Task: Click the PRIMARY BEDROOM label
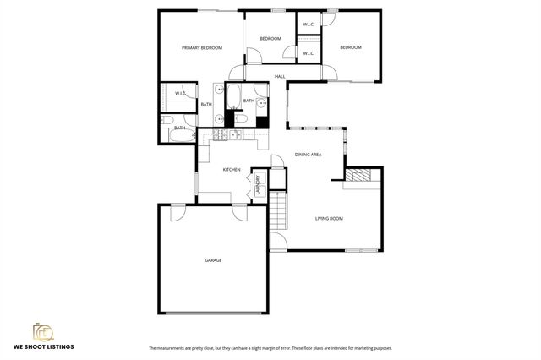[202, 48]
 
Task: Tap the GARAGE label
[213, 260]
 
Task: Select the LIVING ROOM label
[329, 219]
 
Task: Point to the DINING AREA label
[308, 155]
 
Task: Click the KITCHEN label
[232, 170]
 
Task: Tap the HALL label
[279, 77]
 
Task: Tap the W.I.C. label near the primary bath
[180, 93]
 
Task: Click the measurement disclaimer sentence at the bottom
[270, 348]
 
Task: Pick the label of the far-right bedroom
[350, 47]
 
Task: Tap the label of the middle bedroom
[270, 39]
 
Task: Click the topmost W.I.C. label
[308, 24]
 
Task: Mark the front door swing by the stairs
[276, 246]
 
